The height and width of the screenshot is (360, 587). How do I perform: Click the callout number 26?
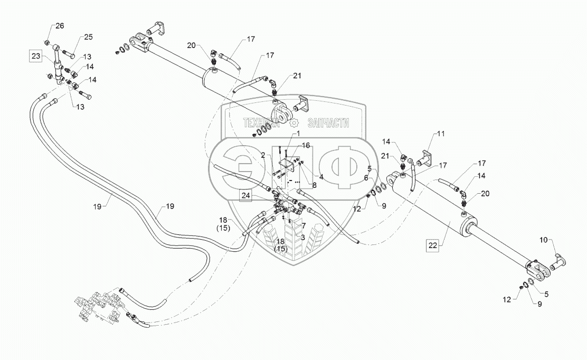pos(60,26)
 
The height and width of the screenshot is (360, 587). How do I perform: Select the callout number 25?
pos(88,37)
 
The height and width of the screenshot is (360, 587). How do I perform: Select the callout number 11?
pos(441,134)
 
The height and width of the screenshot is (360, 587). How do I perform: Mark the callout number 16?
pos(306,146)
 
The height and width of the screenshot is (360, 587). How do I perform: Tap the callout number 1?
pos(298,133)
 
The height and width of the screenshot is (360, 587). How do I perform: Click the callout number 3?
pos(302,238)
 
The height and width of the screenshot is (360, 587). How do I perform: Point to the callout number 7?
pos(304,225)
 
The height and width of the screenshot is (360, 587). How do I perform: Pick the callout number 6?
pos(366,178)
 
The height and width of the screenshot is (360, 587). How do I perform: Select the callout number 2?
pos(263,155)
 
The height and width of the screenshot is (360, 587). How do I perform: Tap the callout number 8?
pos(314,185)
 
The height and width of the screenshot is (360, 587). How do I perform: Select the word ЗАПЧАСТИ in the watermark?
pos(328,123)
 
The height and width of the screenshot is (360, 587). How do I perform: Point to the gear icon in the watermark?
pos(295,122)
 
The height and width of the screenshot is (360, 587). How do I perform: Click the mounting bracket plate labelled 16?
pos(287,166)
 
